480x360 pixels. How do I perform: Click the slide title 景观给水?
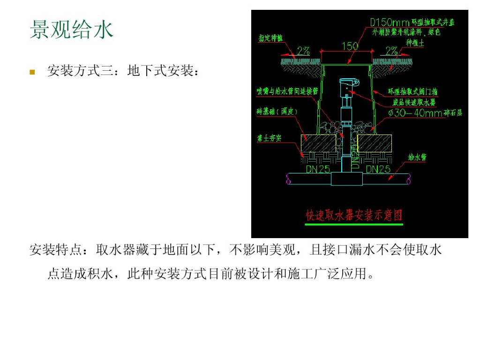71,30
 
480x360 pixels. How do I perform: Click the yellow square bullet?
32,72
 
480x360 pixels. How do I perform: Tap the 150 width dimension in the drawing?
350,46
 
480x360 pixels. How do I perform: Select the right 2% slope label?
391,50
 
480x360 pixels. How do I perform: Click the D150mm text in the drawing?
390,22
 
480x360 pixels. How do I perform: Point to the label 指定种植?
271,38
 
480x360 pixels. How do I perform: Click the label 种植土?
415,43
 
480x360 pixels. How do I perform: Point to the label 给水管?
417,157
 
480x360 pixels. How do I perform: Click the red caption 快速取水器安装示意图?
354,215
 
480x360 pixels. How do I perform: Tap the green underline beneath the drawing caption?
354,225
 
